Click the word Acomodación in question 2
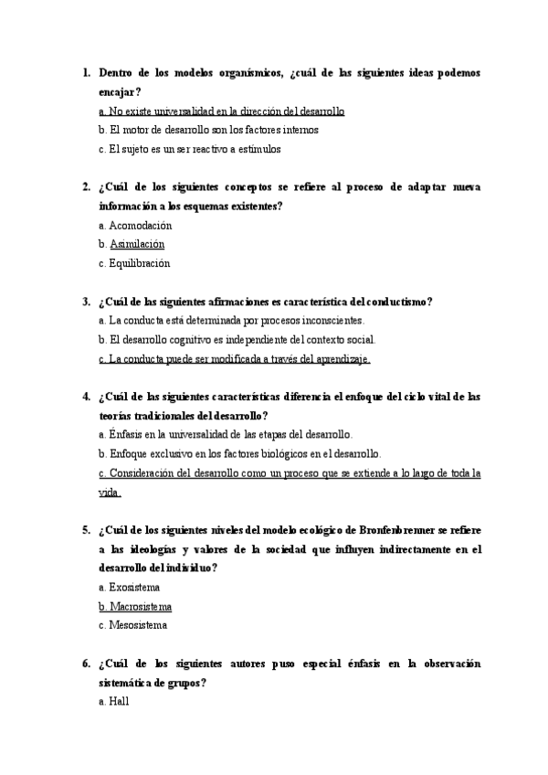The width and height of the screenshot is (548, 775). (x=141, y=225)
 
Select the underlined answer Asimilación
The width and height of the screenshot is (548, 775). (x=137, y=244)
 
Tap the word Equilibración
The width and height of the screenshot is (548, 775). (x=140, y=263)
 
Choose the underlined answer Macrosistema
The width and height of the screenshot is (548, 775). (x=141, y=606)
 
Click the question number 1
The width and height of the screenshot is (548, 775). (x=85, y=72)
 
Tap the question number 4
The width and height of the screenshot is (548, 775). (x=85, y=397)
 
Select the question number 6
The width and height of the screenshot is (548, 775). (x=85, y=663)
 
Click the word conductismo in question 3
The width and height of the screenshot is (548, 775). (x=397, y=302)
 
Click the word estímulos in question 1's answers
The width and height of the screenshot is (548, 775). (x=257, y=149)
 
